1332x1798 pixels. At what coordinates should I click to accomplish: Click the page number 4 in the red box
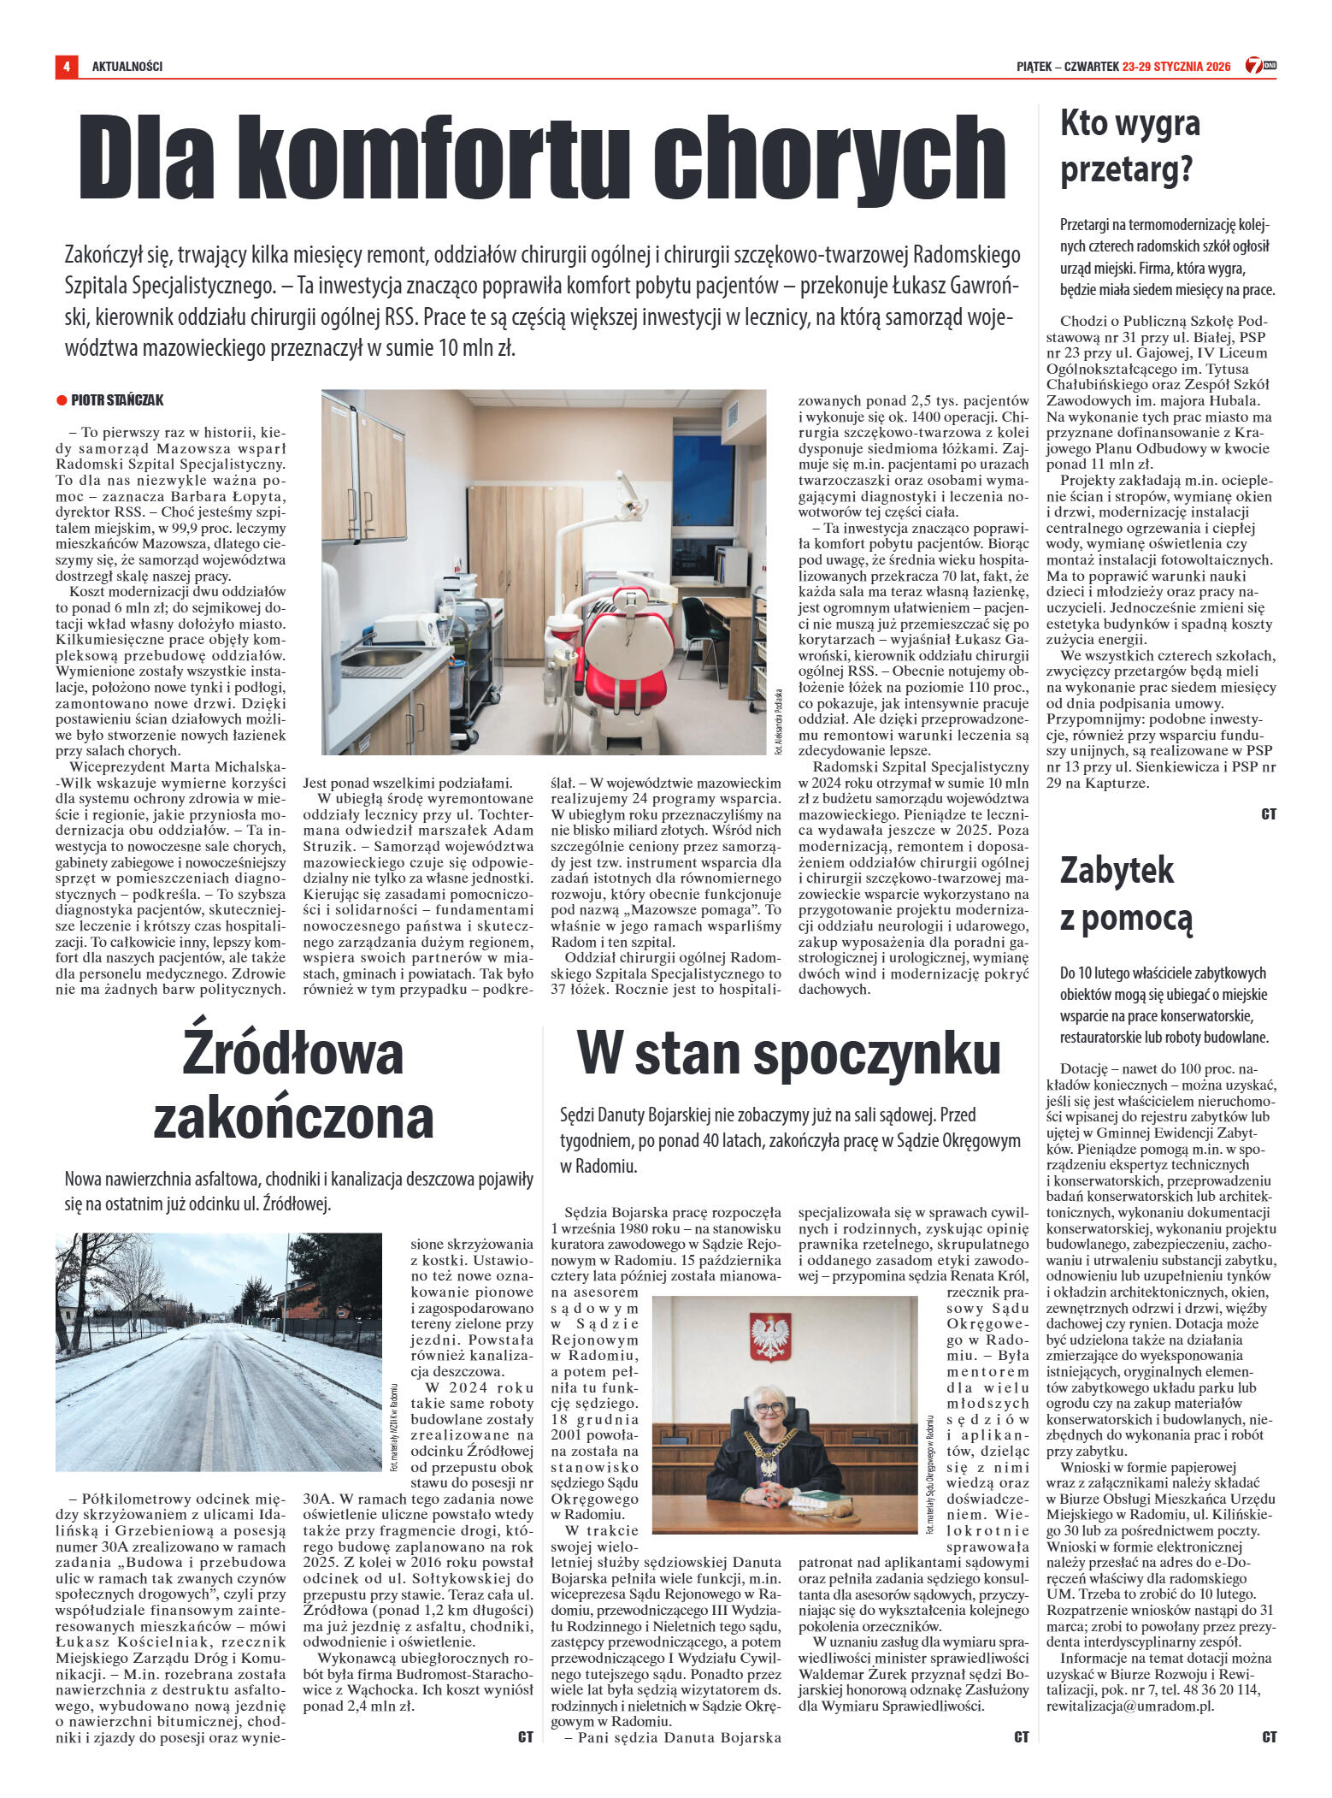coord(66,66)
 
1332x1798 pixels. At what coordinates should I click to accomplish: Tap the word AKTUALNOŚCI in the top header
coord(127,66)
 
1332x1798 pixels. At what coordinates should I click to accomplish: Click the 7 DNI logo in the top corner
coord(1260,65)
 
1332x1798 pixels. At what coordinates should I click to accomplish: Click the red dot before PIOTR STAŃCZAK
coord(62,400)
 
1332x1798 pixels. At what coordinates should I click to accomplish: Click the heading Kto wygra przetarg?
coord(1129,146)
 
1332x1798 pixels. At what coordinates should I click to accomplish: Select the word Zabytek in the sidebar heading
coord(1117,871)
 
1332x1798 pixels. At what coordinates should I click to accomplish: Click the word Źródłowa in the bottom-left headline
coord(292,1054)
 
